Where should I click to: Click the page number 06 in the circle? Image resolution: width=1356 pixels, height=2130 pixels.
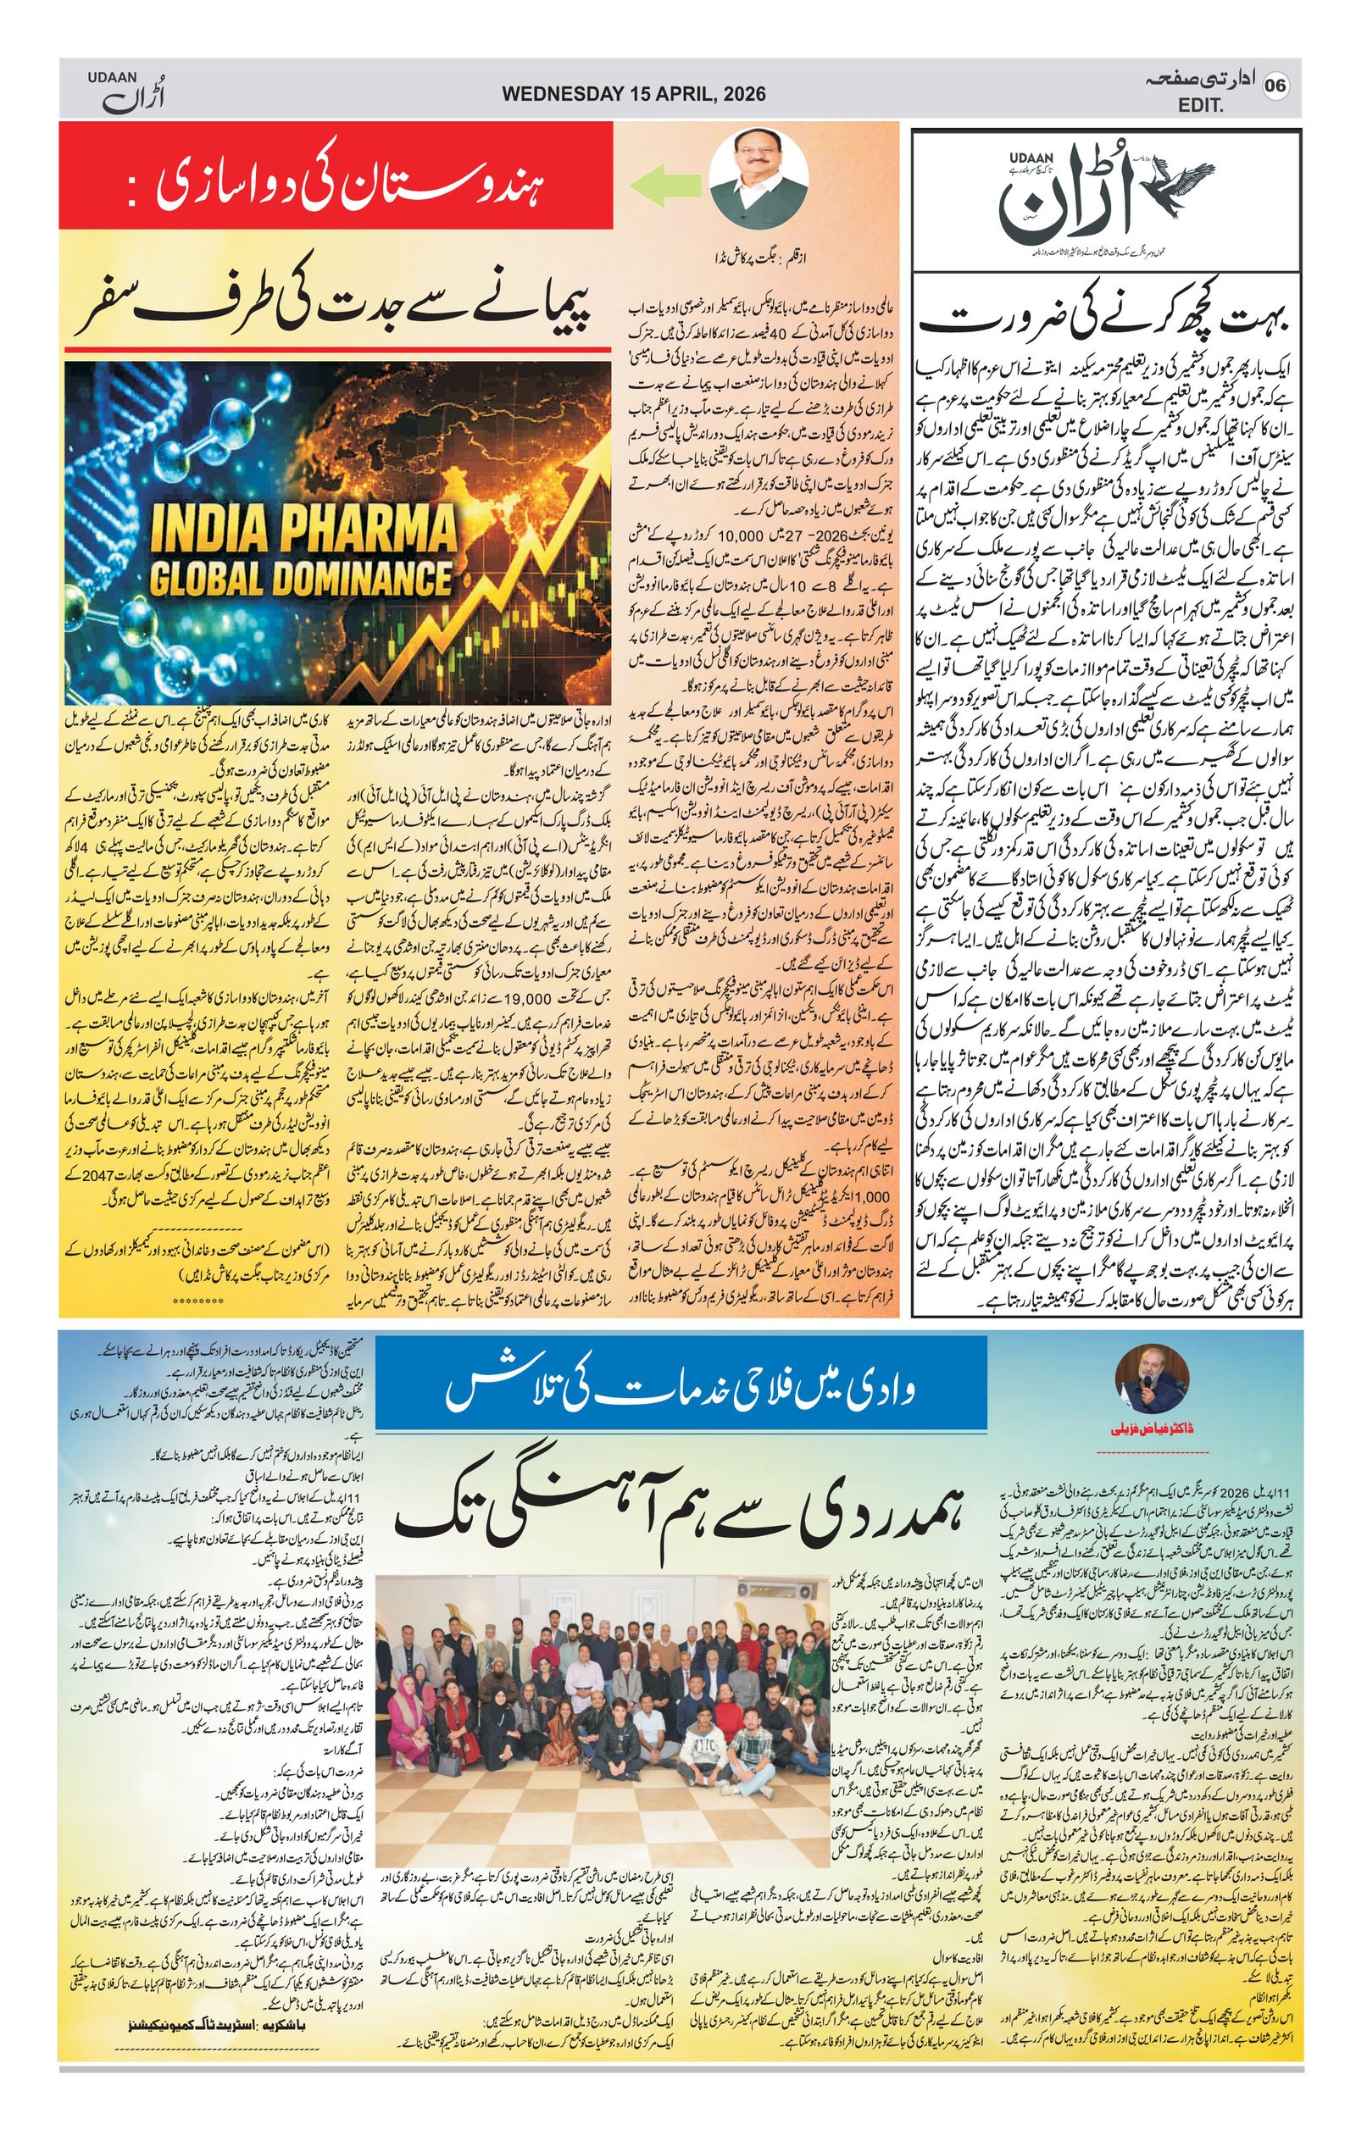pyautogui.click(x=1276, y=86)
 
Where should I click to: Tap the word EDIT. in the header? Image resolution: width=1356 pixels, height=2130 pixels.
pyautogui.click(x=1201, y=106)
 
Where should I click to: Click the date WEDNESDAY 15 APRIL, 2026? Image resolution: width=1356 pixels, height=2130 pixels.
pyautogui.click(x=633, y=93)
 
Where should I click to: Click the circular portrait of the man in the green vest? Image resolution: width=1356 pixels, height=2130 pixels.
pyautogui.click(x=759, y=183)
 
